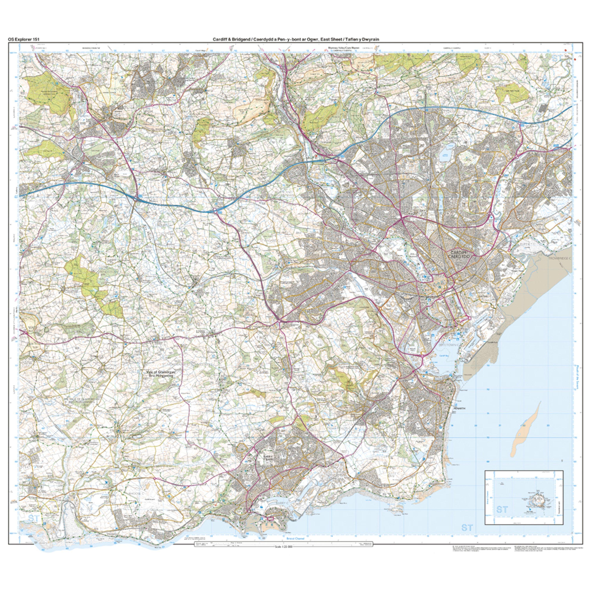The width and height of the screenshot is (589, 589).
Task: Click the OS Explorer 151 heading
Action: coord(24,39)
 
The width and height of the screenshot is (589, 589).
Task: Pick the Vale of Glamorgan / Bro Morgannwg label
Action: coord(159,374)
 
